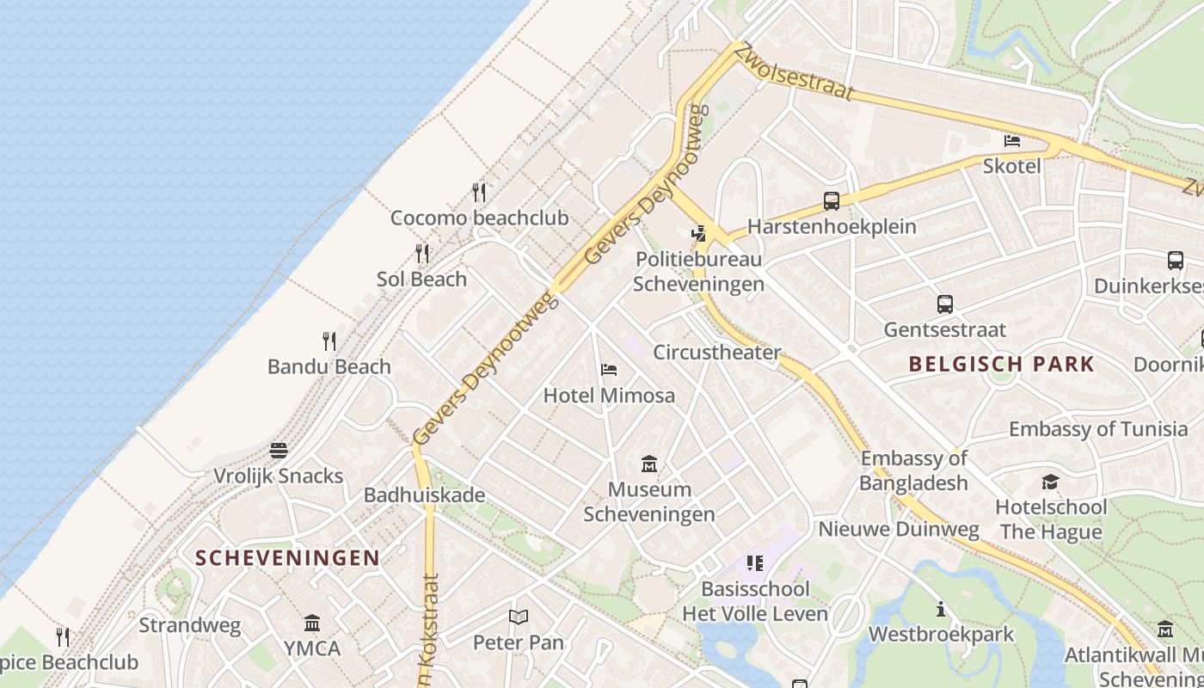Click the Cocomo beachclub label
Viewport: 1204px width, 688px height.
[x=479, y=218]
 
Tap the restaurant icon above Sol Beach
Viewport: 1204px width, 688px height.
[x=422, y=254]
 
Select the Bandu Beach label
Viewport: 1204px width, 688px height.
[x=329, y=366]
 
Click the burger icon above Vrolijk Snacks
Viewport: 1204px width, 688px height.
[x=278, y=451]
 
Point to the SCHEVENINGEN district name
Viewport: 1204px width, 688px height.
[x=287, y=557]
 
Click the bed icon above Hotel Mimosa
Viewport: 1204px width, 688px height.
[x=609, y=371]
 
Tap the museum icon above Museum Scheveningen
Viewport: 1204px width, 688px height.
[x=649, y=464]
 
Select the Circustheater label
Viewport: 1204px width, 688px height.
[x=716, y=352]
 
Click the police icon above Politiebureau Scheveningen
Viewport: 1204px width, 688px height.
[x=699, y=232]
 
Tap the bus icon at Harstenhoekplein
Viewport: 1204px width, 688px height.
[x=831, y=201]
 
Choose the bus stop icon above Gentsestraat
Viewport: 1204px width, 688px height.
[x=944, y=304]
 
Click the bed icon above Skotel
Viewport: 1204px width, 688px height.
[x=1012, y=140]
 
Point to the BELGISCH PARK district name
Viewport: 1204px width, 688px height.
[x=1001, y=363]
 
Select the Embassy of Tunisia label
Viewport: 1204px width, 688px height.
[x=1097, y=428]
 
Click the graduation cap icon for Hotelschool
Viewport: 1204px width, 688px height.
[x=1050, y=482]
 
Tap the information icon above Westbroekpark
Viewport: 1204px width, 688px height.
[x=941, y=609]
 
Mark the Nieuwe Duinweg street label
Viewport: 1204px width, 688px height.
[x=898, y=529]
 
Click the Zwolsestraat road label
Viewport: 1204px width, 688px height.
[x=796, y=72]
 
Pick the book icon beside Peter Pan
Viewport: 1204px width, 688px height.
[x=518, y=617]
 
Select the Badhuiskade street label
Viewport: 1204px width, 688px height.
[x=424, y=495]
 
